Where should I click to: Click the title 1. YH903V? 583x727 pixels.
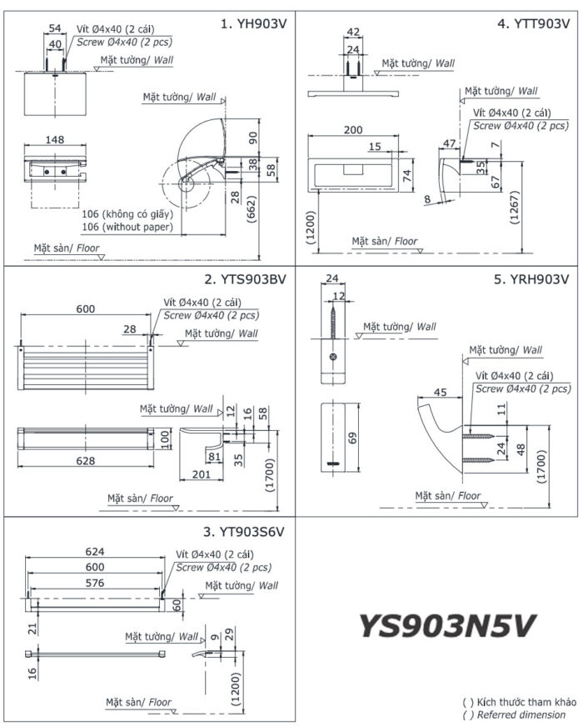(x=252, y=24)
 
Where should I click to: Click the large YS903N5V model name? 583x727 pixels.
(x=446, y=625)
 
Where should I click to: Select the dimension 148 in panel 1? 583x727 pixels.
(x=55, y=139)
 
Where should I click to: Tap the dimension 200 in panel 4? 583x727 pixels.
(x=353, y=130)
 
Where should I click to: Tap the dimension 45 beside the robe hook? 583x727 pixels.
(x=441, y=393)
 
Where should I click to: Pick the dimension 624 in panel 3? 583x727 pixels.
(x=97, y=551)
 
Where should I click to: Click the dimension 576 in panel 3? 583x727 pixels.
(x=97, y=584)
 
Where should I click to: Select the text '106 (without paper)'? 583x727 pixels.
(x=127, y=227)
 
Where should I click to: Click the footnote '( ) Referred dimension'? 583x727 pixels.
(x=514, y=714)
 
